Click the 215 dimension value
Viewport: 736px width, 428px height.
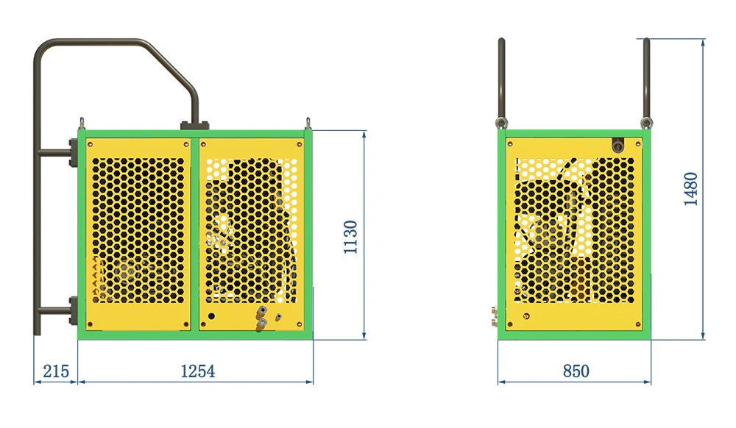coord(56,371)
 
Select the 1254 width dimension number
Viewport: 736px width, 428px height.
coord(197,371)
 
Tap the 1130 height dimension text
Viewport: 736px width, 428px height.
coord(350,238)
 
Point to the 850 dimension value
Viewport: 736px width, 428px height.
coord(576,371)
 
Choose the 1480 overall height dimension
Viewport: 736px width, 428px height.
coord(691,189)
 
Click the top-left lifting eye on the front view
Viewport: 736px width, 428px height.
coord(82,123)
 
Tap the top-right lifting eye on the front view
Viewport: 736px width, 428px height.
coord(308,123)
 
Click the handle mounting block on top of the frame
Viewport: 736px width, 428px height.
coord(194,125)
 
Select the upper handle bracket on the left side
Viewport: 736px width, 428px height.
coord(73,152)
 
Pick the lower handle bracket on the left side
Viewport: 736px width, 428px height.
coord(73,310)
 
